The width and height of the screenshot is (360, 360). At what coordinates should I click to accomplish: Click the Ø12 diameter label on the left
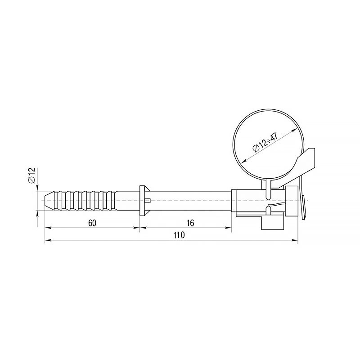31,175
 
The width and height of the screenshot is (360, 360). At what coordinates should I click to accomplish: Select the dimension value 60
92,223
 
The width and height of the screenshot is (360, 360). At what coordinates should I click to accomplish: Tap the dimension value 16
190,223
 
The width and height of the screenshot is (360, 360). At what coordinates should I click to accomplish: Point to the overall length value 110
179,235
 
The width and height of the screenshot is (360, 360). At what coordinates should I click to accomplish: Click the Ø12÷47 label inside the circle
265,142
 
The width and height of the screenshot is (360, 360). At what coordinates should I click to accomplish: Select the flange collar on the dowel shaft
144,201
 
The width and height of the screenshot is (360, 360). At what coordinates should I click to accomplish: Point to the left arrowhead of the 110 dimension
48,240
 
